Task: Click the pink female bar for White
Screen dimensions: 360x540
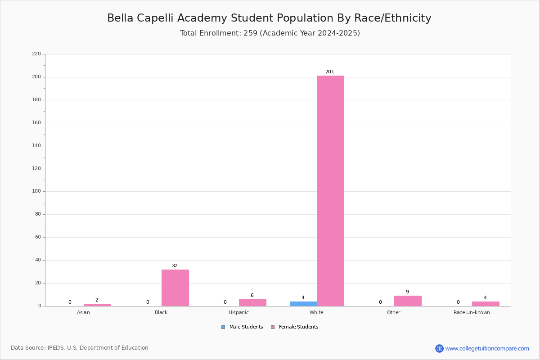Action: click(x=330, y=191)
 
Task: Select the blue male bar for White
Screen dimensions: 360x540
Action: click(x=303, y=304)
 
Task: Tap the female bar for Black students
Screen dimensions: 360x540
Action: click(x=175, y=288)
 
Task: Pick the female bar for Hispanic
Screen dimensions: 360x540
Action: click(x=252, y=302)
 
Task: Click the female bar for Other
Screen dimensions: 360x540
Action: click(x=408, y=301)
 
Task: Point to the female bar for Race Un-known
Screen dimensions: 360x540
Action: click(x=486, y=304)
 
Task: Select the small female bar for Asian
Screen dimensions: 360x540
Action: click(x=97, y=305)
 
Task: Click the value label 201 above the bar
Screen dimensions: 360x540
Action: click(x=330, y=72)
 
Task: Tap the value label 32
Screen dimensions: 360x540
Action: click(x=175, y=266)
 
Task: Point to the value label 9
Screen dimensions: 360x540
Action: click(x=407, y=292)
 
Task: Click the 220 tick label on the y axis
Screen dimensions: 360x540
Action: click(x=36, y=54)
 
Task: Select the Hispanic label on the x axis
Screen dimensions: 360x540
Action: click(x=238, y=313)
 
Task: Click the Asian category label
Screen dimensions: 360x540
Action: click(x=83, y=313)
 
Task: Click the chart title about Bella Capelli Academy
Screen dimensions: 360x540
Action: click(x=269, y=18)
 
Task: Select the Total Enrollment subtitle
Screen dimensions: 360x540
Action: click(x=270, y=33)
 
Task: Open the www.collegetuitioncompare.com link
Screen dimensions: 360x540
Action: click(x=487, y=349)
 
